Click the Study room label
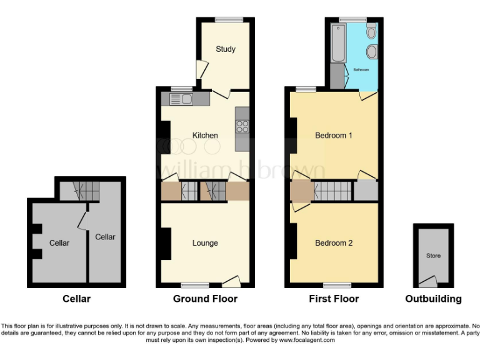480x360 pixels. (225, 49)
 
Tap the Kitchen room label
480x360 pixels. (205, 135)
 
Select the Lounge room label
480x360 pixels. (205, 242)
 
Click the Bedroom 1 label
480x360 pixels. (334, 135)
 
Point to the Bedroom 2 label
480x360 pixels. (334, 242)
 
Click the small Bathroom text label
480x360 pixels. (361, 69)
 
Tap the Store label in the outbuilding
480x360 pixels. (433, 256)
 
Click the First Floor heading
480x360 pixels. (334, 299)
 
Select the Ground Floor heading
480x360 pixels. (205, 299)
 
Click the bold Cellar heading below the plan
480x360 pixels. (76, 299)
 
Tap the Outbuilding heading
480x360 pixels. (433, 299)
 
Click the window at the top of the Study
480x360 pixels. (225, 20)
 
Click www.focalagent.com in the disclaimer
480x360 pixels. (307, 341)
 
